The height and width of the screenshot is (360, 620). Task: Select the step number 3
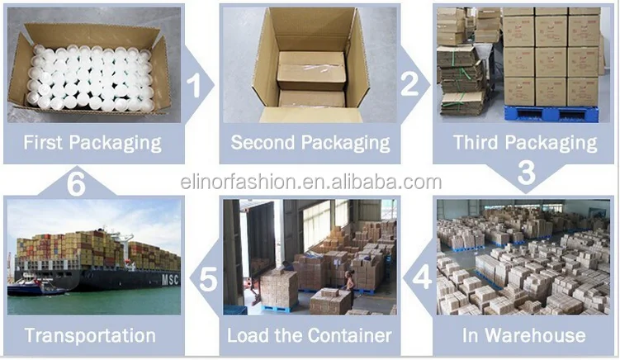pos(526,173)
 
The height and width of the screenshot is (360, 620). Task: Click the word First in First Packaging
pos(46,142)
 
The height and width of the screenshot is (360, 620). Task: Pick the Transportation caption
pos(89,335)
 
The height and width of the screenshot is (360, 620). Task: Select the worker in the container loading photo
pos(350,281)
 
